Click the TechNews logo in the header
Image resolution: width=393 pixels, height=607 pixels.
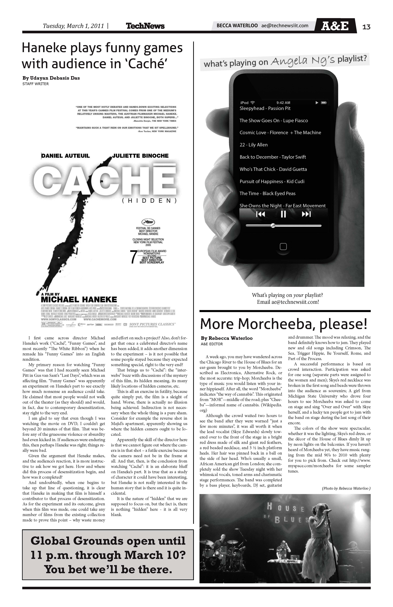(145, 26)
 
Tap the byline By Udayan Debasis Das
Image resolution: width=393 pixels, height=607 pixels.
(51, 78)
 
